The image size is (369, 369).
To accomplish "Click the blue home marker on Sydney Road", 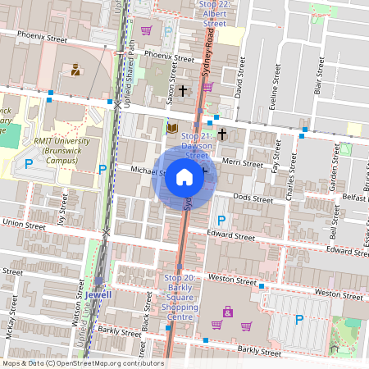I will coord(184,177).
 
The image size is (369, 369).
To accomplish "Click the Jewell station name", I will coord(97,293).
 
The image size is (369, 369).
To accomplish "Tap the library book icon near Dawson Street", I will coord(172,128).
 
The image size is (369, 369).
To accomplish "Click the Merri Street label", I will coord(242,164).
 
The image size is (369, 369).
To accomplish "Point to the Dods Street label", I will coord(253,198).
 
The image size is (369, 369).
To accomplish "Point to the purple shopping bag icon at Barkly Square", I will coord(227,312).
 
